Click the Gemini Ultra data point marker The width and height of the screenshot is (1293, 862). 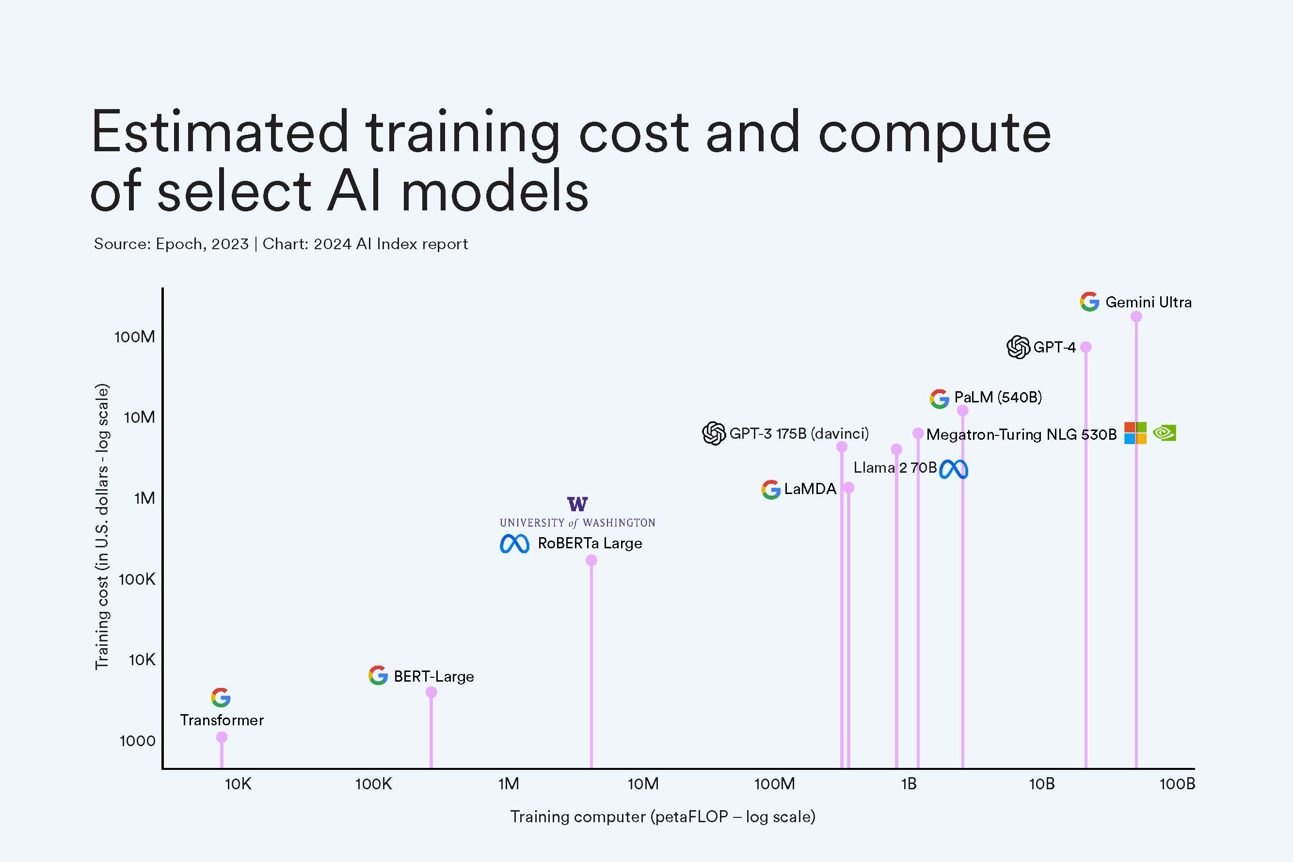tap(1136, 317)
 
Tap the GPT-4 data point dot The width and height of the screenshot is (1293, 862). tap(1086, 348)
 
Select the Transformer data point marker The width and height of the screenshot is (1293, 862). tap(222, 737)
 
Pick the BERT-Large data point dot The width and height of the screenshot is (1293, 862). tap(431, 692)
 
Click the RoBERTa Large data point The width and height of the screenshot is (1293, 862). tap(591, 560)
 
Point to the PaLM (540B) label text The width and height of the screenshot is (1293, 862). tap(998, 397)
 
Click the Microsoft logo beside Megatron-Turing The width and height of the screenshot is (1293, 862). tap(1135, 433)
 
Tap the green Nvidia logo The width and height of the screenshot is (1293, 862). tap(1165, 433)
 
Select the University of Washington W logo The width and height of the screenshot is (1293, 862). tap(577, 504)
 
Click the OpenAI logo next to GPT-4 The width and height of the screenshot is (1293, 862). tap(1018, 348)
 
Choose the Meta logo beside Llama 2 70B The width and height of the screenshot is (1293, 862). tap(954, 469)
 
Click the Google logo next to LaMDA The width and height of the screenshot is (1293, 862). tap(771, 489)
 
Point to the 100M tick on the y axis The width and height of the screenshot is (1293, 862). tap(135, 337)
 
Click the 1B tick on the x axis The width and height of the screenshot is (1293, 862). tap(909, 784)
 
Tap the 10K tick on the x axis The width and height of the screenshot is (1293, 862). tap(238, 784)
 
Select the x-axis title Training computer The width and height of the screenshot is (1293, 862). tap(662, 817)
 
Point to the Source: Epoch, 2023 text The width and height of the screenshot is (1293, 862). tap(171, 243)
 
